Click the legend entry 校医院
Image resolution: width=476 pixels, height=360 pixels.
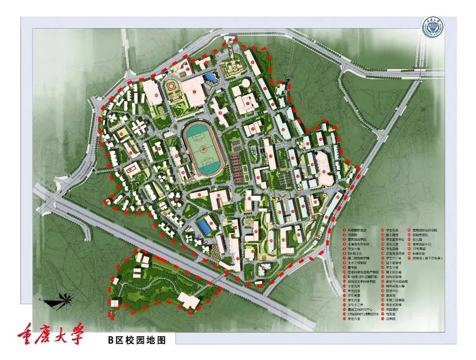tap(353, 235)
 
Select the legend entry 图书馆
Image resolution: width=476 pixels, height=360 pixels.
tap(353, 267)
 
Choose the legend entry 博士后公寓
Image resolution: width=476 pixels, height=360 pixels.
tap(394, 272)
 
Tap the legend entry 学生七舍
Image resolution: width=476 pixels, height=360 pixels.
tap(392, 230)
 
